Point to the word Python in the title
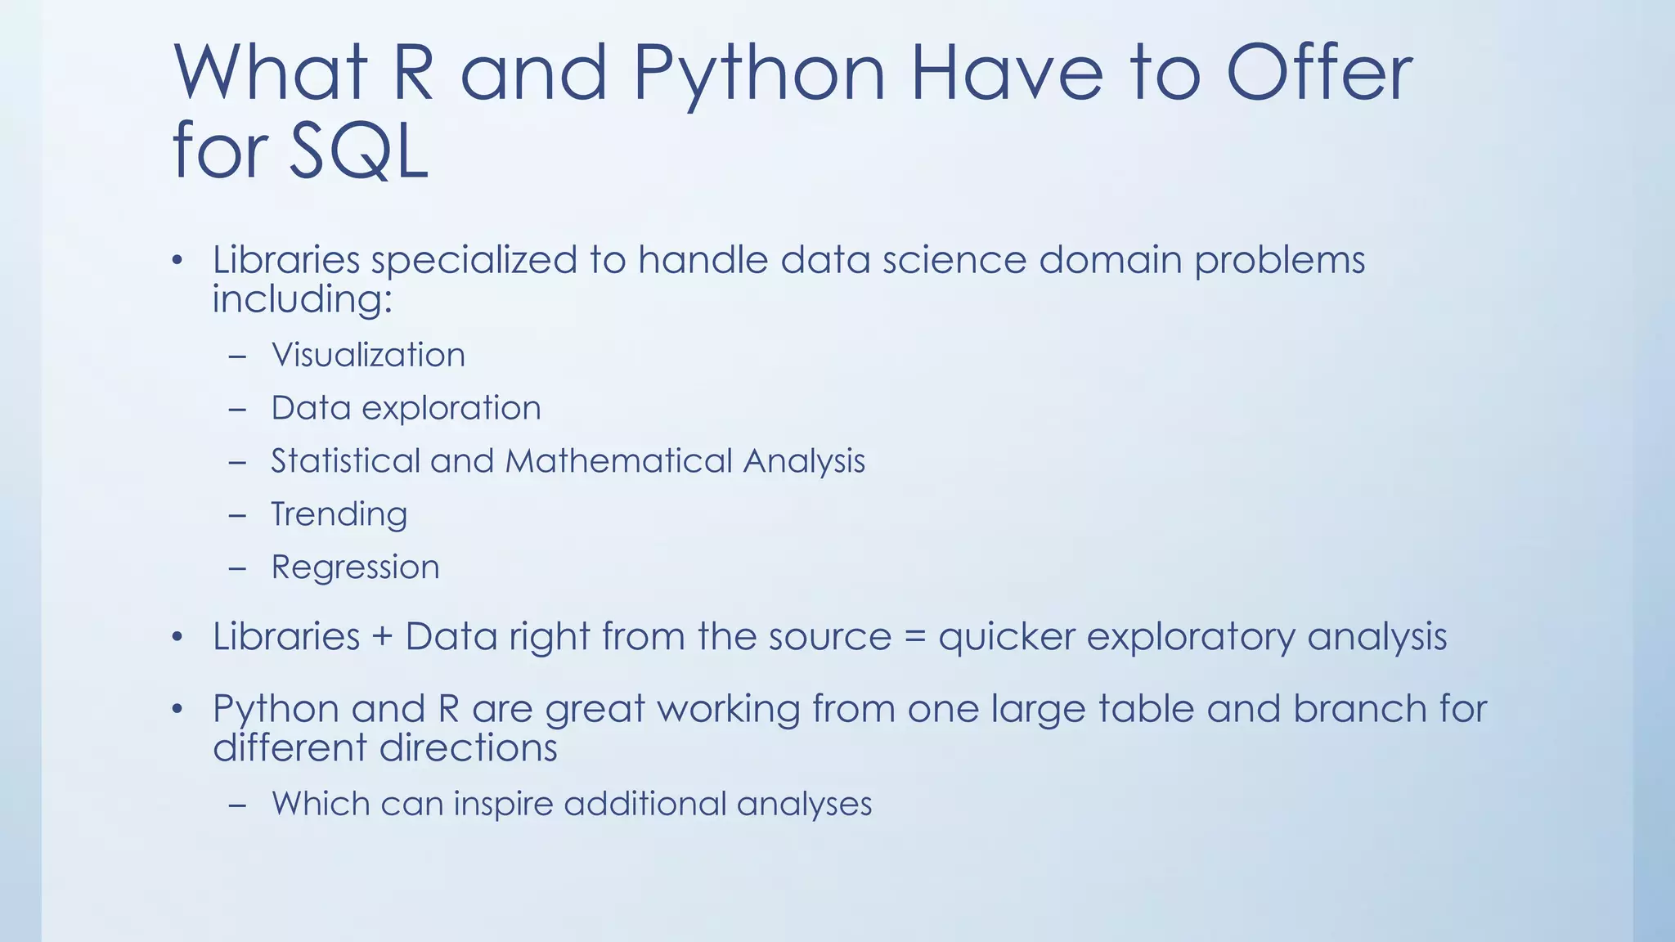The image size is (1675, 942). point(759,75)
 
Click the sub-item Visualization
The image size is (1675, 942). point(368,355)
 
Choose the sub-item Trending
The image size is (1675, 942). point(339,514)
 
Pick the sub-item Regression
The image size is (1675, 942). point(355,567)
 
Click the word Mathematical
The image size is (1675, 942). point(618,461)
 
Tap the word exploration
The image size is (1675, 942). point(451,408)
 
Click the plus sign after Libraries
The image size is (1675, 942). point(382,637)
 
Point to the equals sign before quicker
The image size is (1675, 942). point(914,637)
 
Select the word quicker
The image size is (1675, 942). point(1006,637)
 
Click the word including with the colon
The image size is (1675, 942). point(303,299)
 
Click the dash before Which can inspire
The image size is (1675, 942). point(238,805)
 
